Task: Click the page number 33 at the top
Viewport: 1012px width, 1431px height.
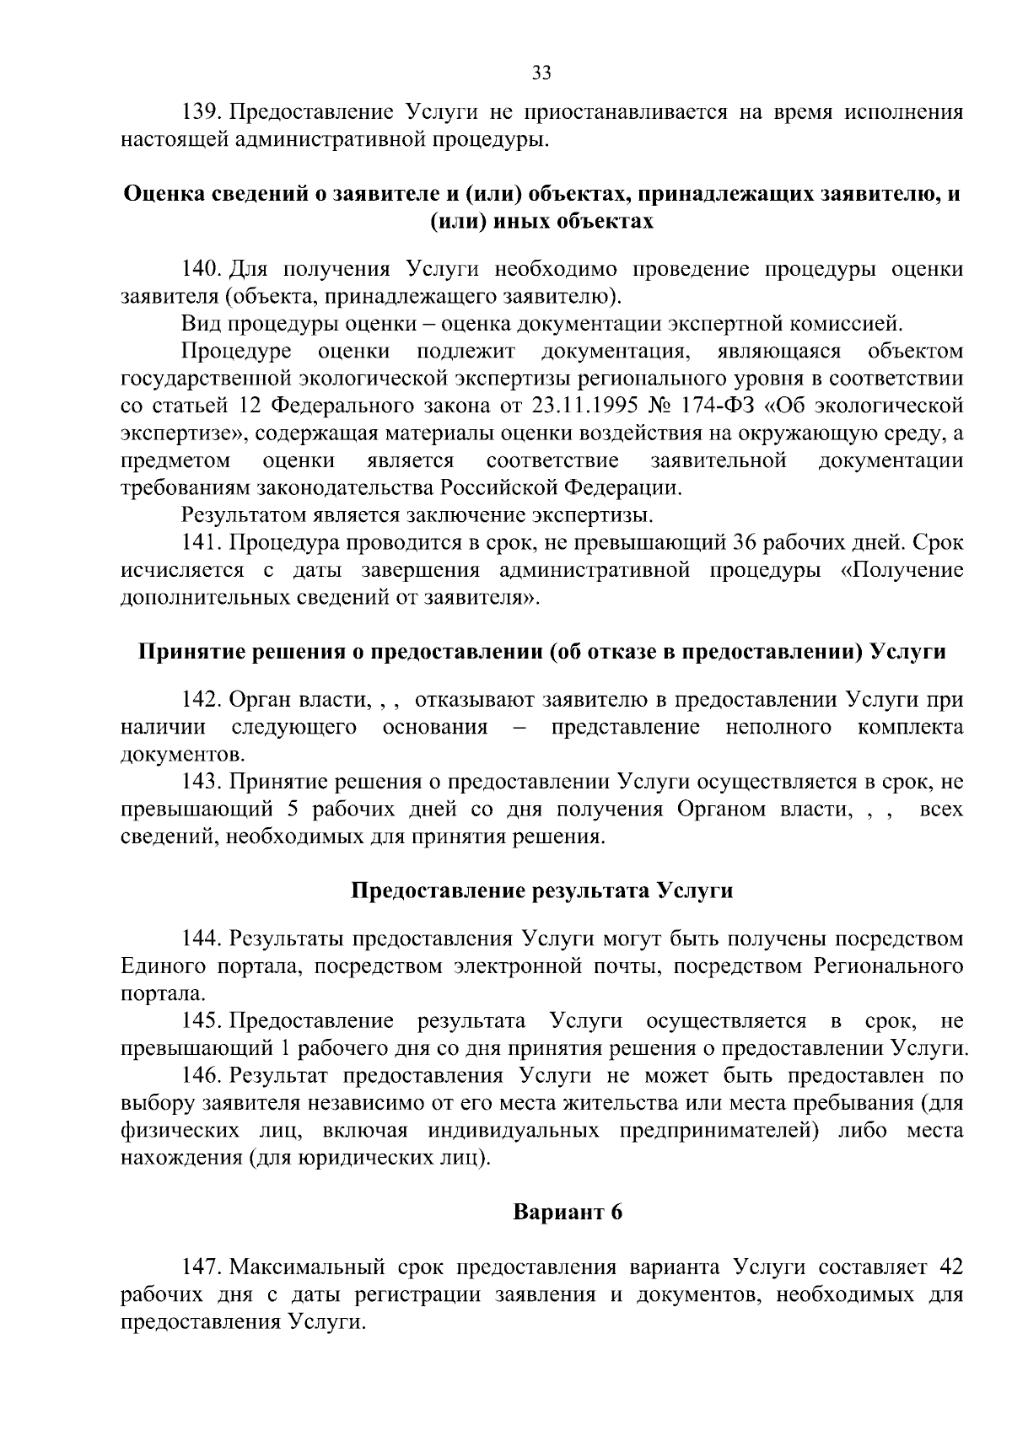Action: click(x=541, y=73)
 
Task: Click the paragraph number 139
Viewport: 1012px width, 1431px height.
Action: click(x=202, y=111)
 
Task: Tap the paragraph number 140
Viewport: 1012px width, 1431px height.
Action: click(x=202, y=269)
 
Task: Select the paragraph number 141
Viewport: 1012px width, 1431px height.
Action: click(x=202, y=541)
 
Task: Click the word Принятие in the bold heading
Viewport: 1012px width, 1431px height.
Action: click(x=175, y=652)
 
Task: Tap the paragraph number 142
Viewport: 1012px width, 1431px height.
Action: click(x=202, y=700)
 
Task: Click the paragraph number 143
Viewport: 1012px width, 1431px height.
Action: click(x=202, y=782)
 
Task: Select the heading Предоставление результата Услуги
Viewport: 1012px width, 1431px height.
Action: click(x=541, y=890)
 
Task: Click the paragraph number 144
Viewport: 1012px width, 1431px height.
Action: click(x=202, y=939)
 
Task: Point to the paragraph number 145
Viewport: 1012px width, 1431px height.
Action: click(x=202, y=1021)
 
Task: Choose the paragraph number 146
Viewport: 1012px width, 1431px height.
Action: click(x=202, y=1076)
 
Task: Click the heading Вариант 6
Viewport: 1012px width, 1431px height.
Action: click(x=568, y=1212)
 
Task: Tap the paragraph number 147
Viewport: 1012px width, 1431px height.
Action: click(x=202, y=1267)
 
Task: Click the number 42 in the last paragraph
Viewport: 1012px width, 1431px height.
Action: click(x=950, y=1267)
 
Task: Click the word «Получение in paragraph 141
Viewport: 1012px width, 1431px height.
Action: click(x=902, y=570)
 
